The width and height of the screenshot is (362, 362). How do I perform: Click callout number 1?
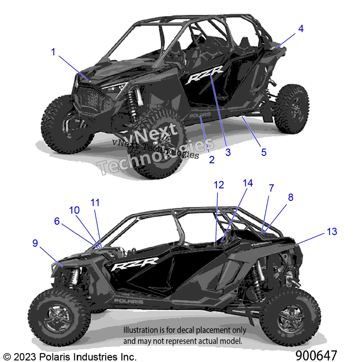click(x=53, y=52)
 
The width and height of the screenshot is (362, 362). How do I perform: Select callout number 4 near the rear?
click(x=301, y=29)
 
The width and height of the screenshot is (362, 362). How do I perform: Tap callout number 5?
click(x=264, y=152)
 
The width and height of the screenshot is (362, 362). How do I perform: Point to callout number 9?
click(x=35, y=243)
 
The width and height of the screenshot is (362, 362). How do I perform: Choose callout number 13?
click(x=332, y=232)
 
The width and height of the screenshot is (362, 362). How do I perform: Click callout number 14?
click(x=248, y=183)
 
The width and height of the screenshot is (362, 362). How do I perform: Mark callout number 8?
click(x=291, y=197)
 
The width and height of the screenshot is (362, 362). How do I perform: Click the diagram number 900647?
click(x=316, y=355)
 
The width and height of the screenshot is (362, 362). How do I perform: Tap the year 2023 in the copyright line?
click(x=25, y=357)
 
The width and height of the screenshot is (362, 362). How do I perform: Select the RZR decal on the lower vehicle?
click(x=135, y=264)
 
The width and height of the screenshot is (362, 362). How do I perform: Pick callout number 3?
click(x=228, y=152)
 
